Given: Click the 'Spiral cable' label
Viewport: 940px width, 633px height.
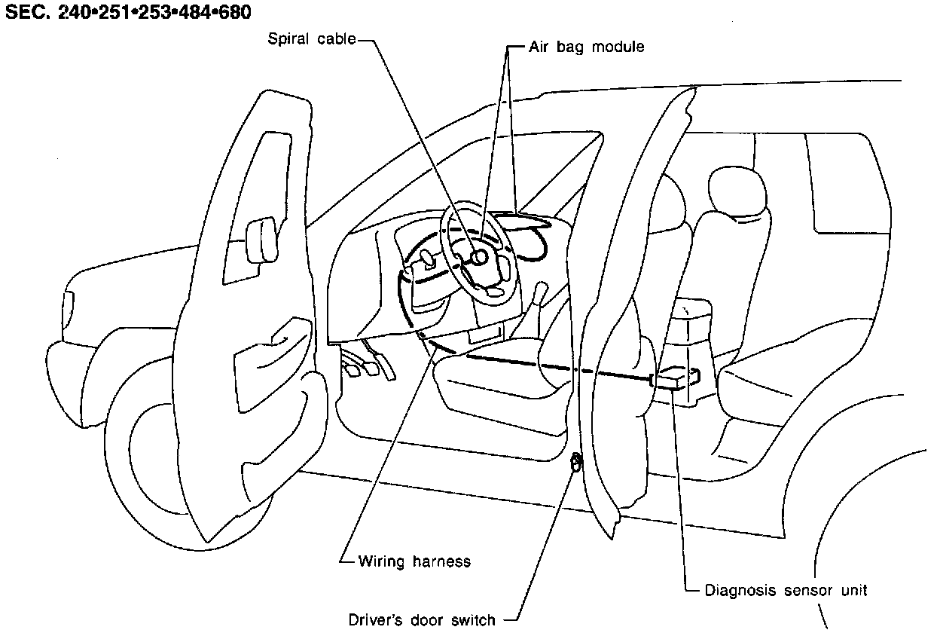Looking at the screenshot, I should click(312, 38).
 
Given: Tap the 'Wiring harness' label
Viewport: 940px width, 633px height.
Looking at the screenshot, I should click(414, 561).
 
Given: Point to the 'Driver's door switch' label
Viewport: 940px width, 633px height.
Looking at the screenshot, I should click(422, 619).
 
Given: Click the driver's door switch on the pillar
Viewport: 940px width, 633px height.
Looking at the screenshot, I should click(576, 461).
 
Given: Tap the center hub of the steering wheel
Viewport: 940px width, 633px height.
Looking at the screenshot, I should click(478, 258).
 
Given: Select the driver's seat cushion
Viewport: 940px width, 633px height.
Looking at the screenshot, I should click(497, 377).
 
